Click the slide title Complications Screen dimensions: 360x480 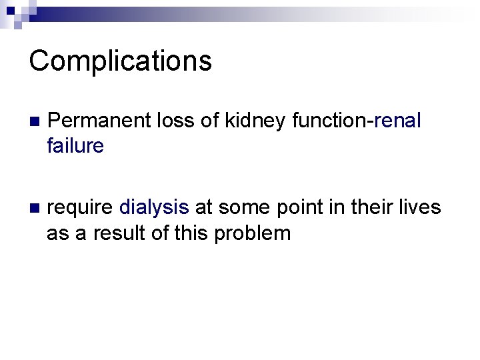click(x=121, y=61)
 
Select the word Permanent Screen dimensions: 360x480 click(x=100, y=121)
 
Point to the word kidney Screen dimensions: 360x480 click(x=256, y=121)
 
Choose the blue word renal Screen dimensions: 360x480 click(x=398, y=121)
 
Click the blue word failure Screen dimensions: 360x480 click(x=75, y=145)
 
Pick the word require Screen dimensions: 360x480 click(x=81, y=208)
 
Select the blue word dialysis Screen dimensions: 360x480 click(x=154, y=208)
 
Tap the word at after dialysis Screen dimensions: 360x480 click(x=203, y=208)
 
